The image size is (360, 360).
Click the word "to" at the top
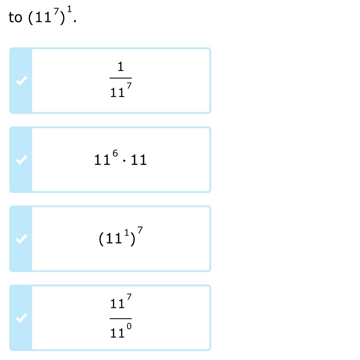point(15,17)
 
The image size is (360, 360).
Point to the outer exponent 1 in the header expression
point(69,9)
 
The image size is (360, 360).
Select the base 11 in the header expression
point(43,18)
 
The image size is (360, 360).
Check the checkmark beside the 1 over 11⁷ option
point(21,81)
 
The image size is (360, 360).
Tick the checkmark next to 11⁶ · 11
point(21,160)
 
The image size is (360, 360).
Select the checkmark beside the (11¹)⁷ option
point(21,239)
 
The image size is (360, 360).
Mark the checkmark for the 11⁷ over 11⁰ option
point(21,318)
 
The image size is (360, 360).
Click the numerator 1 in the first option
point(121,67)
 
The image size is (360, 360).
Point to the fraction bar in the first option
point(121,78)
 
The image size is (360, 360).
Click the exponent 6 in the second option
point(115,153)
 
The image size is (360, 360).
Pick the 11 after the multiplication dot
point(139,160)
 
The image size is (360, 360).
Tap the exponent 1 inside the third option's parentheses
point(127,232)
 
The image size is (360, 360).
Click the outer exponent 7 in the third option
point(140,230)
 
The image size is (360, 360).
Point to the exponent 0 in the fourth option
point(129,326)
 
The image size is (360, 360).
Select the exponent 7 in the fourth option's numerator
point(129,297)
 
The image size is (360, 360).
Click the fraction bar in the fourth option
point(121,318)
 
